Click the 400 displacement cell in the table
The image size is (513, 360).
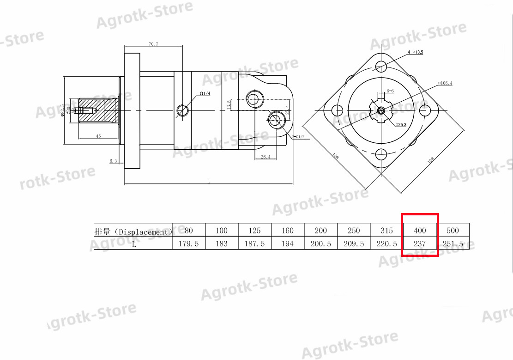[x=420, y=230]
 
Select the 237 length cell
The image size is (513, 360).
[x=420, y=243]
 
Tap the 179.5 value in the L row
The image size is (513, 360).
[x=188, y=244]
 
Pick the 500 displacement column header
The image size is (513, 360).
[x=453, y=230]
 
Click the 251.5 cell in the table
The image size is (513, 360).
[x=453, y=243]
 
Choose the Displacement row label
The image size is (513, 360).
[x=133, y=232]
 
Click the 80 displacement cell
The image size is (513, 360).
[x=188, y=230]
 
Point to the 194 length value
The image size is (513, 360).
[x=287, y=244]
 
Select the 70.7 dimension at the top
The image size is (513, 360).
[x=153, y=44]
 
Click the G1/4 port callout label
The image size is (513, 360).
[x=205, y=94]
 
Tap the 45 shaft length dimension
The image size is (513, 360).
[x=98, y=136]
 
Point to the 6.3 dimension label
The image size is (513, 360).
[x=113, y=161]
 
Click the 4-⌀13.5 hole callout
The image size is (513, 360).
[x=415, y=53]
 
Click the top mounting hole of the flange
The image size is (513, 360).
[x=381, y=66]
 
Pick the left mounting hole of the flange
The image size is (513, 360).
[x=337, y=110]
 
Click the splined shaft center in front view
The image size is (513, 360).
[x=381, y=110]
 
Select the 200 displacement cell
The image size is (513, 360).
[x=320, y=230]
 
